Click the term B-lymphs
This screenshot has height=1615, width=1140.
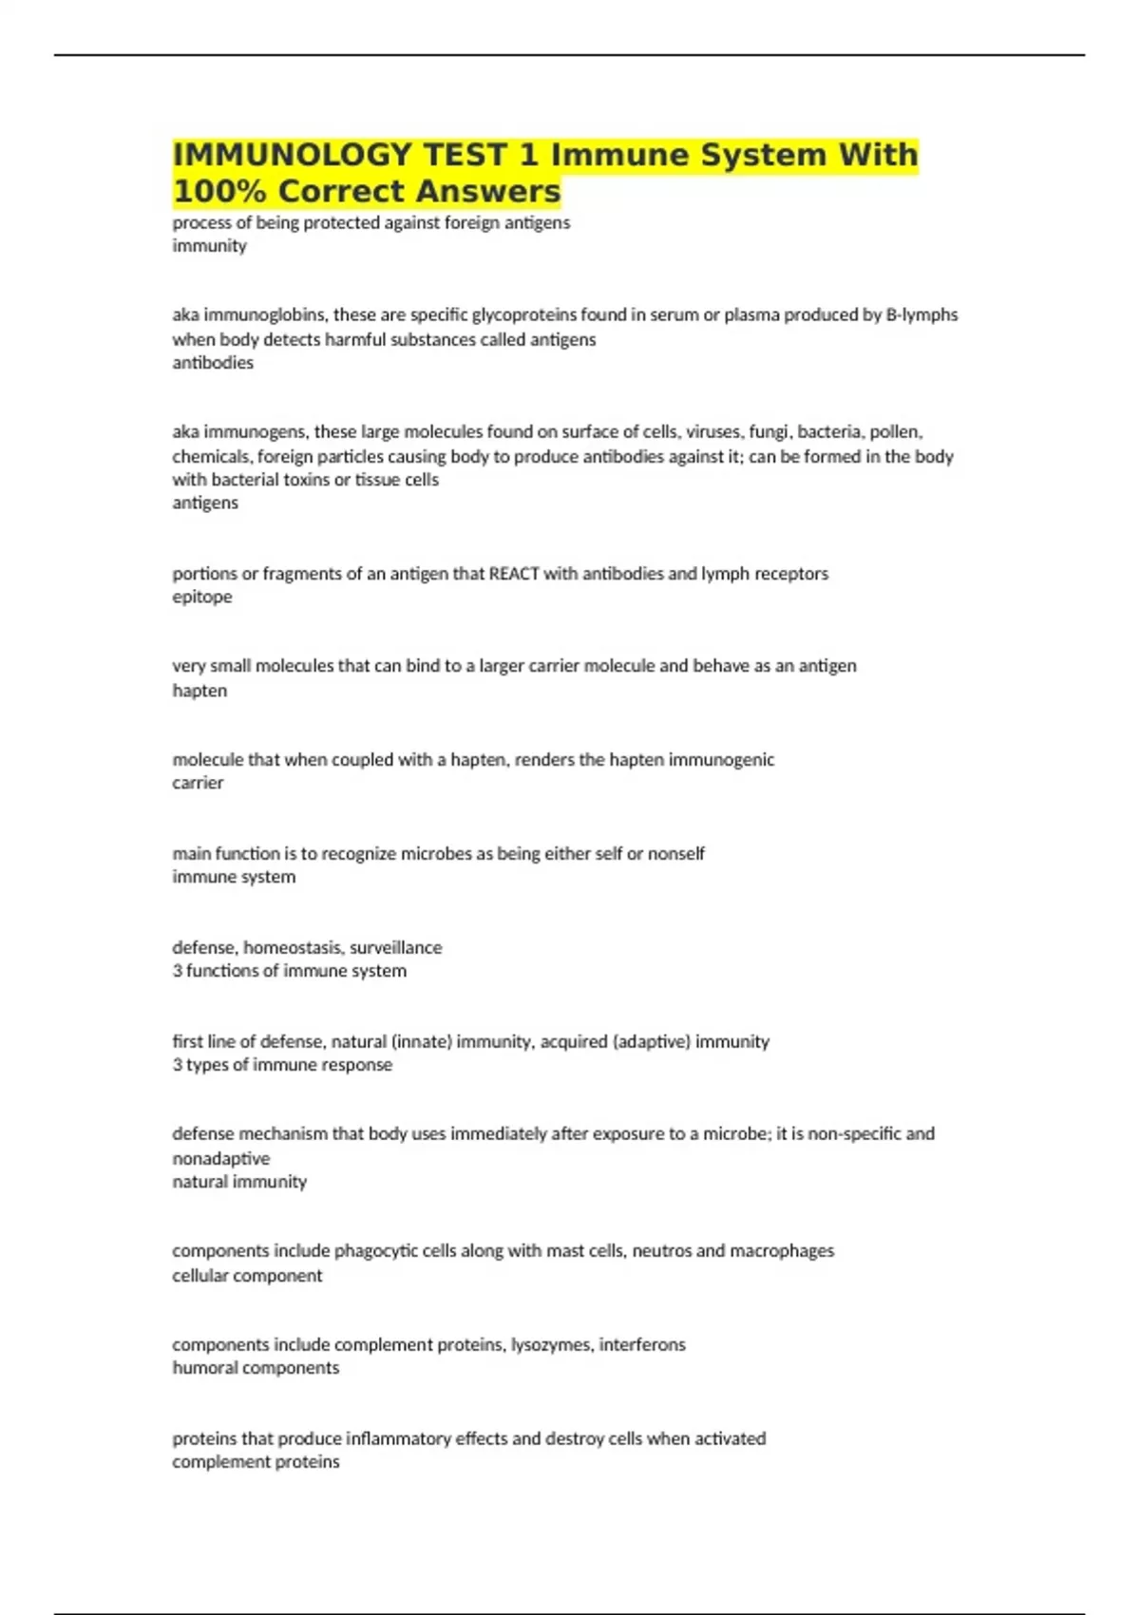click(x=921, y=314)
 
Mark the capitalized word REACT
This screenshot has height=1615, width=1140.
click(x=514, y=573)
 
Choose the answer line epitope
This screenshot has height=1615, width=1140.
click(x=201, y=597)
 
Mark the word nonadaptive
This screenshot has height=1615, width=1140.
click(x=220, y=1158)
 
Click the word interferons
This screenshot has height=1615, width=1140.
click(x=641, y=1344)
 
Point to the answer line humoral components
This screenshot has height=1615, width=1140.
click(x=256, y=1368)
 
